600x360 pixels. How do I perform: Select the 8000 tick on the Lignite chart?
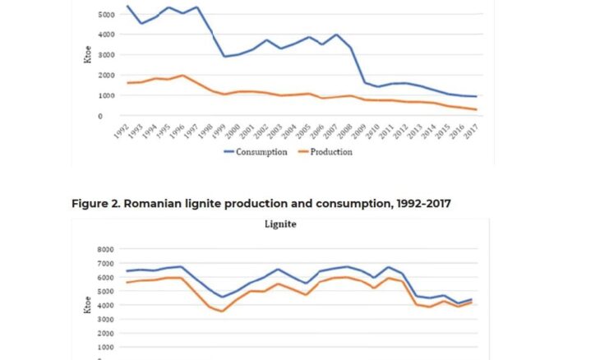104,249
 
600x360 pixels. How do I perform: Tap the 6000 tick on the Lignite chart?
104,277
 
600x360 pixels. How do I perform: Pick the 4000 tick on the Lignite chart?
104,305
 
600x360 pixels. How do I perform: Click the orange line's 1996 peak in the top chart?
182,76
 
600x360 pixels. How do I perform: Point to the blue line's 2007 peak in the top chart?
336,35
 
